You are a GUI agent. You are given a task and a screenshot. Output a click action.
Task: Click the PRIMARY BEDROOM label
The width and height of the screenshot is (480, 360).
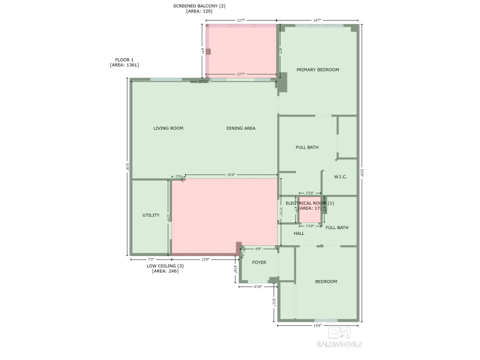317,70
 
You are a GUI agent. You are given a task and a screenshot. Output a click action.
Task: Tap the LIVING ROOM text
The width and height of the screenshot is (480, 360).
168,129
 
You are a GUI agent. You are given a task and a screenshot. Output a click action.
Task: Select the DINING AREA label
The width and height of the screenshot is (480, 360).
241,129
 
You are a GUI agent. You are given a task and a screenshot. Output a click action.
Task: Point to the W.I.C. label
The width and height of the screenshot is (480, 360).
341,177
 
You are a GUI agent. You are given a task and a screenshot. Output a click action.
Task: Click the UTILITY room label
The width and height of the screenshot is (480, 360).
151,215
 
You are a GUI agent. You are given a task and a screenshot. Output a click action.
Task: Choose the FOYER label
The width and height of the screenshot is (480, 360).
259,263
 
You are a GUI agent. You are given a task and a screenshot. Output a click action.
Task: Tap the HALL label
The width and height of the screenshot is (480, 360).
299,234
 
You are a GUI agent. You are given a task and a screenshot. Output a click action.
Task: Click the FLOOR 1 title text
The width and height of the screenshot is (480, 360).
124,59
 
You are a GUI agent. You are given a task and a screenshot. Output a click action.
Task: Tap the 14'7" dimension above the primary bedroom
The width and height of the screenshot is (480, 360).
318,21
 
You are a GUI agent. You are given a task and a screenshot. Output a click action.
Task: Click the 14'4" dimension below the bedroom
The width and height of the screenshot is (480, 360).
317,326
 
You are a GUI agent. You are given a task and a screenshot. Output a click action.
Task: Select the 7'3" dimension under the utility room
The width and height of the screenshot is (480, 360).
150,259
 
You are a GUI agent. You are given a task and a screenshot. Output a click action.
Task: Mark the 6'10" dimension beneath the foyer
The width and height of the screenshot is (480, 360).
258,287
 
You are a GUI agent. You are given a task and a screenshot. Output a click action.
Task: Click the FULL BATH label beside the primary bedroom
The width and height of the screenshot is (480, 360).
307,147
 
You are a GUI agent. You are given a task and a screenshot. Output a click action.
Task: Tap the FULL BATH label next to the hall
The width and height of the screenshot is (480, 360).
337,228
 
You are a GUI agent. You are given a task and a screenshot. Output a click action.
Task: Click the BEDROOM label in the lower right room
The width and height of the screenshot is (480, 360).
326,282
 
